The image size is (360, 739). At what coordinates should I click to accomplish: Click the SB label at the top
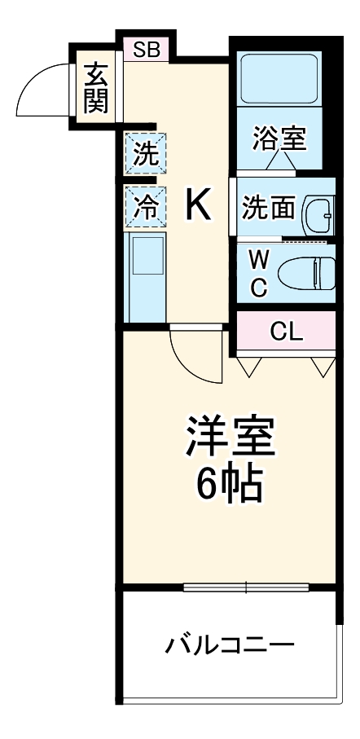point(147,50)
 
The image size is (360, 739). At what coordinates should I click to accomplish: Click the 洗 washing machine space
point(146,154)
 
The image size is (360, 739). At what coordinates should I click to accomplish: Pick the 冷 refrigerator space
point(146,205)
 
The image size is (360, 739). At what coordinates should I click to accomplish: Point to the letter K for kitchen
point(198,205)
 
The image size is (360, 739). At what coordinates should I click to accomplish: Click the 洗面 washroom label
point(268,208)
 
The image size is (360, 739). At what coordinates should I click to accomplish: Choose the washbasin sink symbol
point(318,214)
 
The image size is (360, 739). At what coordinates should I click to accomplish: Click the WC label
point(258,273)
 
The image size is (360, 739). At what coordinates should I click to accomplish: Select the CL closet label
point(286,331)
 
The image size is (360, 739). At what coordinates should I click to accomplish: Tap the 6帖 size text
point(229,486)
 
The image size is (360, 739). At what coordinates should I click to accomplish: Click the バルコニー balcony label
point(230,646)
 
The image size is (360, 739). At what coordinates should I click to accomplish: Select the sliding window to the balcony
point(248,586)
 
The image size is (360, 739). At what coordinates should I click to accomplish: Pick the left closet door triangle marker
point(249,367)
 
